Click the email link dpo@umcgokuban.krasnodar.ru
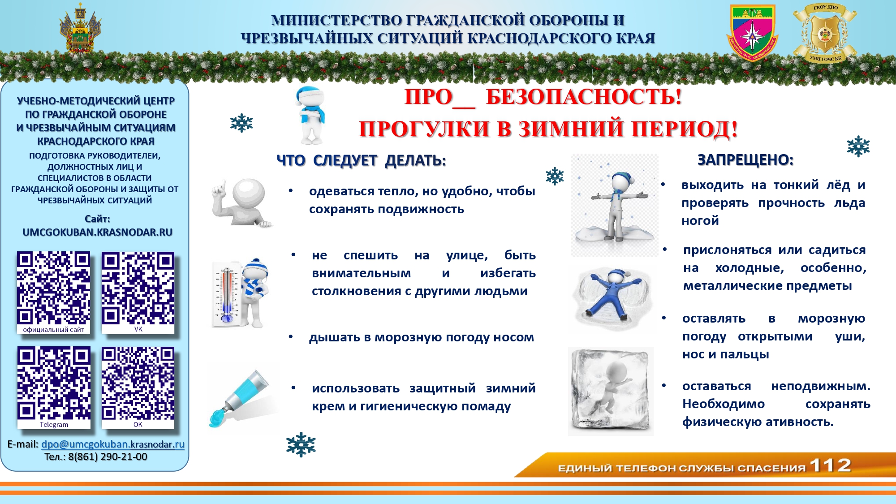pos(113,444)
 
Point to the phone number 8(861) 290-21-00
pos(108,457)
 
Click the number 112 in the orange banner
pos(830,465)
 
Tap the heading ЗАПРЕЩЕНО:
pos(745,160)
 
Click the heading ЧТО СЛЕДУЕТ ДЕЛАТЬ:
pos(361,160)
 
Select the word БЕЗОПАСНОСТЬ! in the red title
pos(584,97)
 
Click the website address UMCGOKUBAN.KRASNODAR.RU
pos(98,232)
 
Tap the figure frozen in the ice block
pos(611,391)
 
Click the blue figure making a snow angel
pos(612,297)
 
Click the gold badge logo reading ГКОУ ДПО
pos(825,33)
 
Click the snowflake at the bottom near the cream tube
pos(301,444)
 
